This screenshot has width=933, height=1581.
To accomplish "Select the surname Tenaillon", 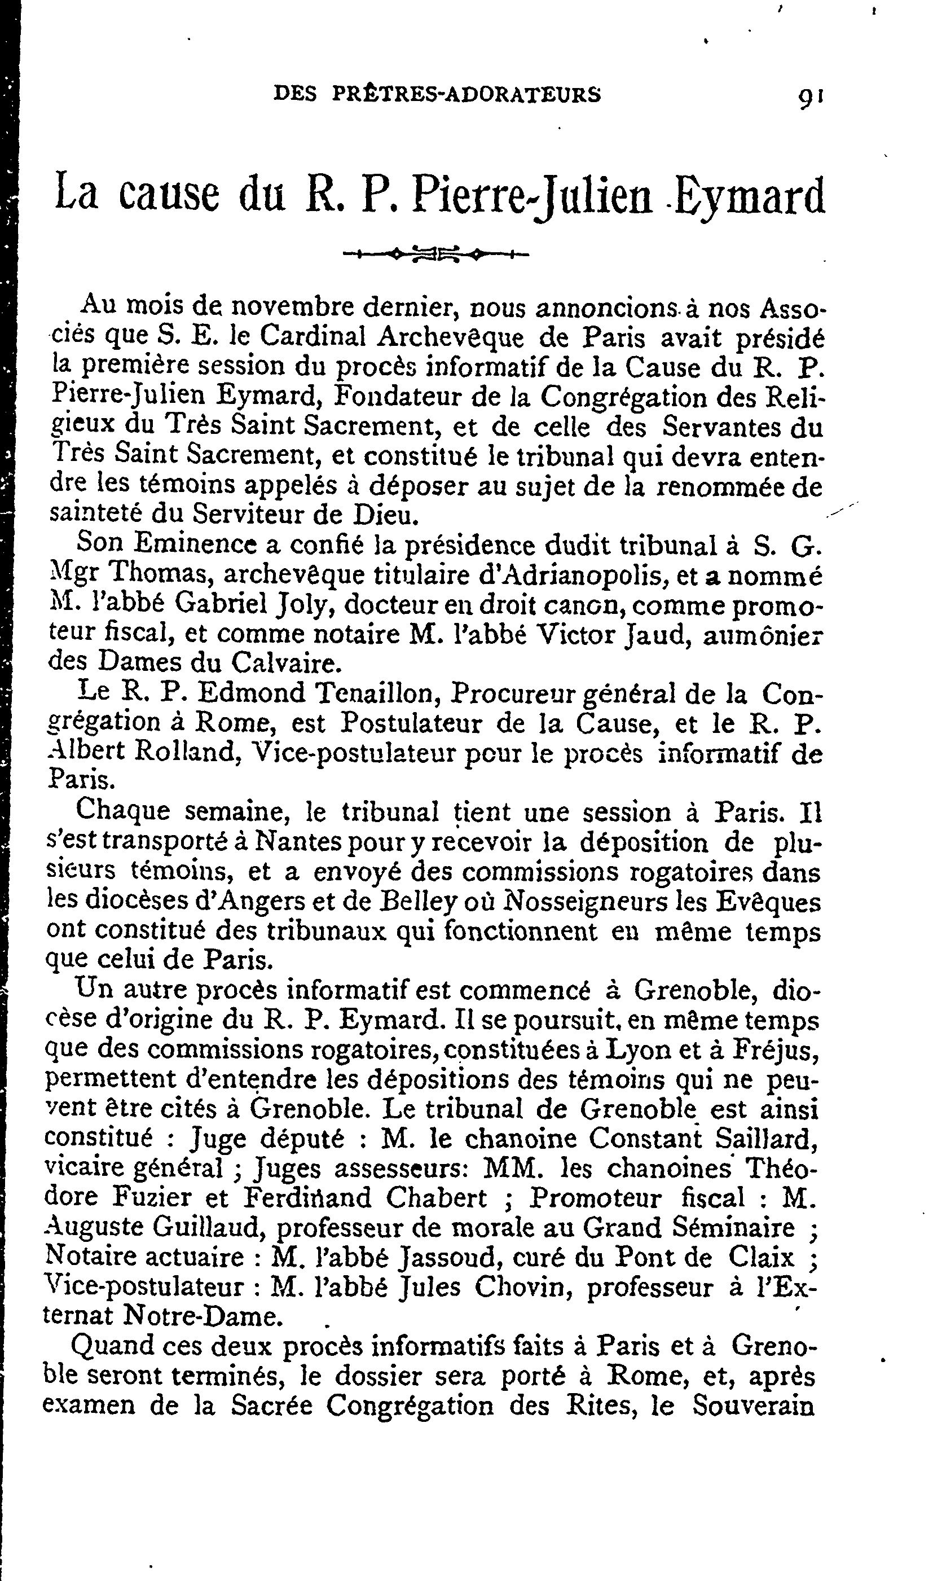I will pos(373,693).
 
